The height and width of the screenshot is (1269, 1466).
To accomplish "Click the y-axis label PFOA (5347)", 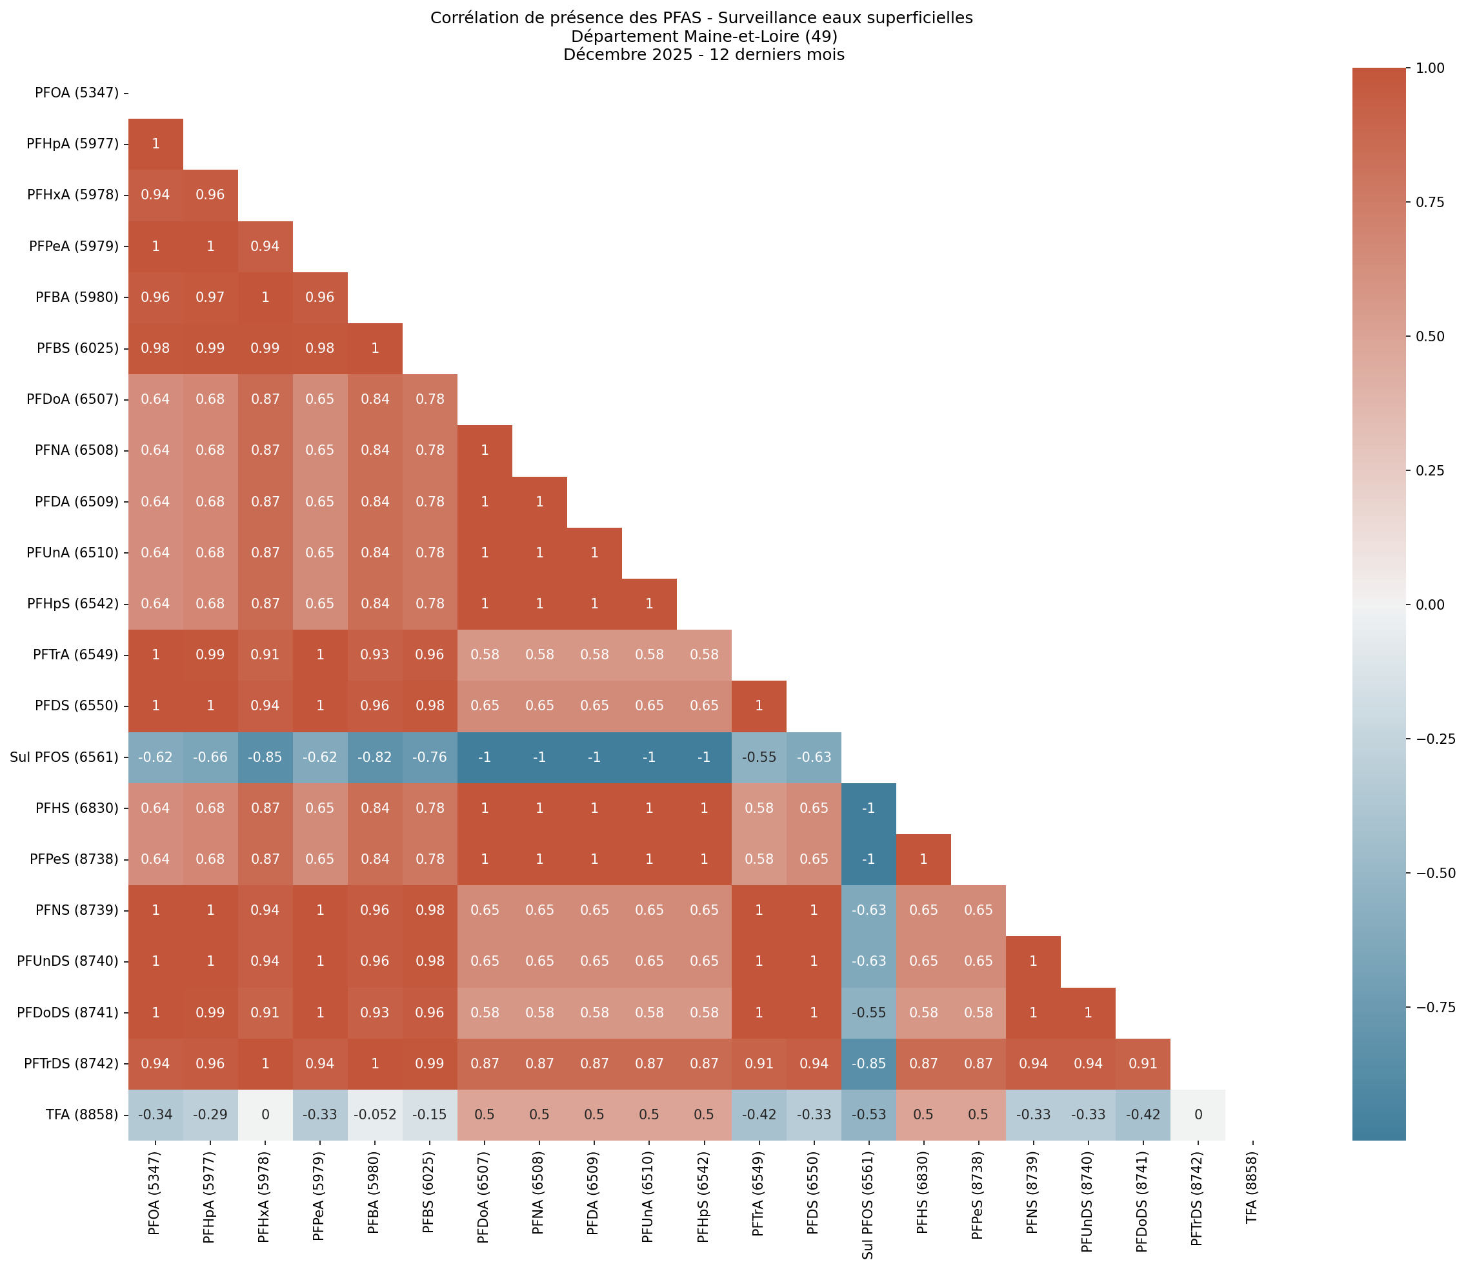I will coord(77,93).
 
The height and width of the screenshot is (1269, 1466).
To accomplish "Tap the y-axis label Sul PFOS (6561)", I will coord(65,757).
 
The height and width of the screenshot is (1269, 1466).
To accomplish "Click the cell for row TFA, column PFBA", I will coord(375,1115).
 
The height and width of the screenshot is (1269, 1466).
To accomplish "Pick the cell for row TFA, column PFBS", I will coord(430,1115).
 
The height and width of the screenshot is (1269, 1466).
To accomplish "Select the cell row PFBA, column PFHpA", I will coord(210,297).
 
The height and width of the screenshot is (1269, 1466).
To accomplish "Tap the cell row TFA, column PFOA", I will coord(155,1115).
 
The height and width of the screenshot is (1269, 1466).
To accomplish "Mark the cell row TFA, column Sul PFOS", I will coord(869,1115).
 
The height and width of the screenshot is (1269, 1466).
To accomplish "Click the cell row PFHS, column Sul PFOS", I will coord(869,808).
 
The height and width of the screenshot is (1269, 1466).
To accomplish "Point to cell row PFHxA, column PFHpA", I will coord(210,195).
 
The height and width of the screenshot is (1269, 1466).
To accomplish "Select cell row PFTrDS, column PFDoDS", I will coord(1142,1064).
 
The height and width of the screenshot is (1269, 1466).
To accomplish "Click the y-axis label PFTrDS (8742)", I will coord(72,1064).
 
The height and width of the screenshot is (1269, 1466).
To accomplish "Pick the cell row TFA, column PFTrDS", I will coord(1198,1115).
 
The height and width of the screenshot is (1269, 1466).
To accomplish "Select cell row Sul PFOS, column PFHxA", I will coord(265,757).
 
